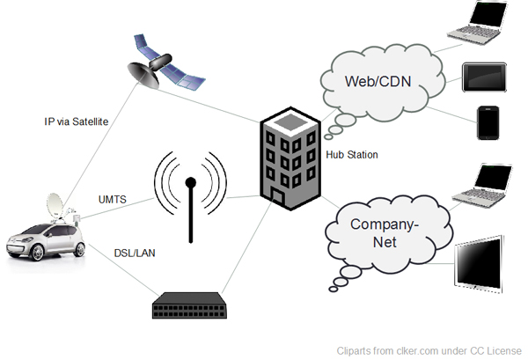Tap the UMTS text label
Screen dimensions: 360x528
(112, 200)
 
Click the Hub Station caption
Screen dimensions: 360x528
(351, 155)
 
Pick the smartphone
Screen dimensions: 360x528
(489, 123)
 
